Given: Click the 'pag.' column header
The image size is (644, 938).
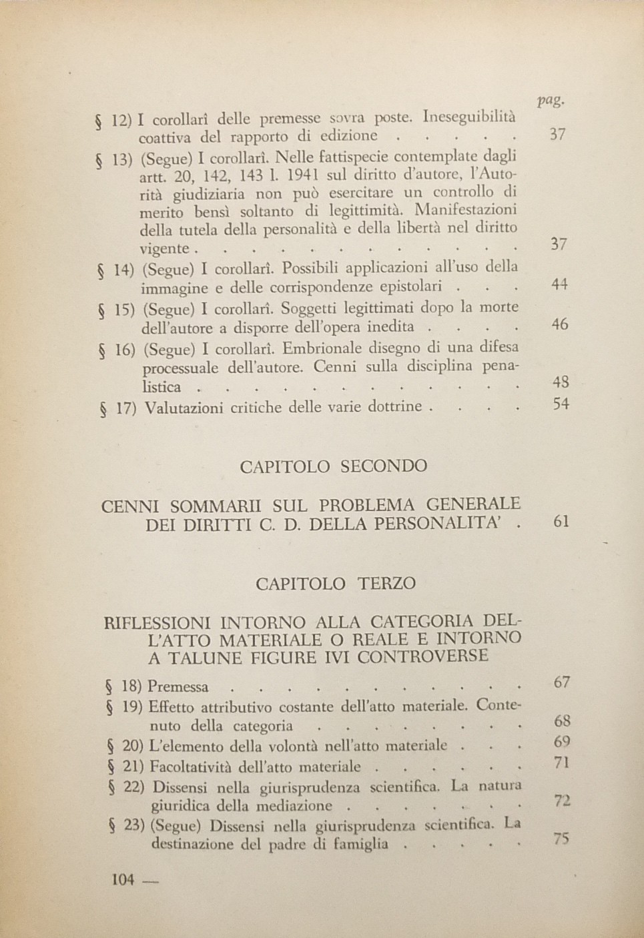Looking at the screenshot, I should click(x=551, y=100).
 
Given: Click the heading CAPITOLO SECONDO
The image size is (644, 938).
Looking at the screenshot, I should click(x=333, y=466).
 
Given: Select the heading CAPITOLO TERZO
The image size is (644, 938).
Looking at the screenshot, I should click(x=335, y=584).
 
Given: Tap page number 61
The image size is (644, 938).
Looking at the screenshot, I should click(x=561, y=521).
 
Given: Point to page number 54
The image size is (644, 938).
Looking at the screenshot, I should click(x=561, y=404).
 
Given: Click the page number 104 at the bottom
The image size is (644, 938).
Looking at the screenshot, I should click(x=123, y=879).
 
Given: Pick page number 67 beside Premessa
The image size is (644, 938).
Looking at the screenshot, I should click(x=562, y=682).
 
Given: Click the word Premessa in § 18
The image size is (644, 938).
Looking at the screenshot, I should click(x=178, y=686).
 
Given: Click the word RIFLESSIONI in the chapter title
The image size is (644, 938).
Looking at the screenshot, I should click(x=159, y=624).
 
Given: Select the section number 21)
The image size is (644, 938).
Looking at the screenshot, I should click(x=134, y=767).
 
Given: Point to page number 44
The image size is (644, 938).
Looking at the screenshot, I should click(x=559, y=284).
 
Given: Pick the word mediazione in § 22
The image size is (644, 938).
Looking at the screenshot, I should click(x=294, y=806).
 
